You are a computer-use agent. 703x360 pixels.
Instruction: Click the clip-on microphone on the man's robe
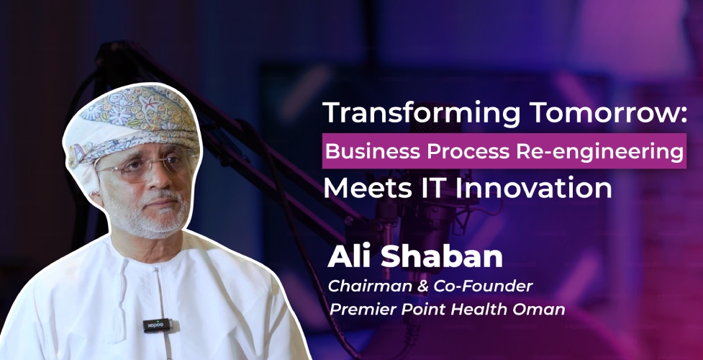(156, 325)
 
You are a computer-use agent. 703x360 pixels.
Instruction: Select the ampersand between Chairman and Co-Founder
(422, 287)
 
